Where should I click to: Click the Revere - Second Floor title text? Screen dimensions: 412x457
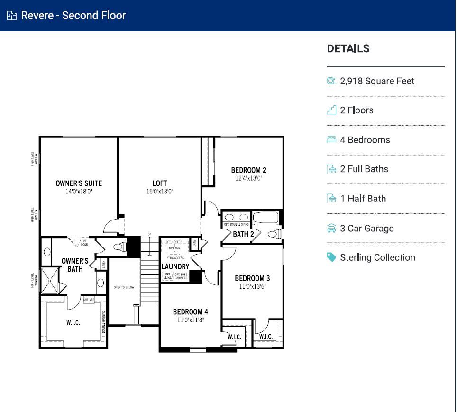pyautogui.click(x=73, y=15)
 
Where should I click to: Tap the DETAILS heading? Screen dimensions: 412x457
pyautogui.click(x=348, y=48)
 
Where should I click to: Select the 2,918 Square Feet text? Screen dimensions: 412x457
pyautogui.click(x=377, y=81)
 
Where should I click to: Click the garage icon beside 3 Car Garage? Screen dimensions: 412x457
pyautogui.click(x=331, y=228)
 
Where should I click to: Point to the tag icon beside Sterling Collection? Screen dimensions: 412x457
pyautogui.click(x=331, y=257)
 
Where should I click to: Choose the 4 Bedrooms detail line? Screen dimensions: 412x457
pyautogui.click(x=365, y=140)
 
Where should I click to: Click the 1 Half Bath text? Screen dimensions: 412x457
pyautogui.click(x=363, y=199)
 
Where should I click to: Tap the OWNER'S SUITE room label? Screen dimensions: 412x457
pyautogui.click(x=79, y=183)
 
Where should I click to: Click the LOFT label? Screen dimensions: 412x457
pyautogui.click(x=160, y=183)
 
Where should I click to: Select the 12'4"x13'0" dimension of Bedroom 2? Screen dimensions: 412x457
pyautogui.click(x=248, y=179)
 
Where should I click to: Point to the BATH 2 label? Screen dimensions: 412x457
pyautogui.click(x=243, y=234)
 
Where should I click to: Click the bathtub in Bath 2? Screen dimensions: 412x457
pyautogui.click(x=267, y=219)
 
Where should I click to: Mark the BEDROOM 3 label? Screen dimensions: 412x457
pyautogui.click(x=252, y=278)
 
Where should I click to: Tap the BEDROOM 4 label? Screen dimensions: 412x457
pyautogui.click(x=190, y=311)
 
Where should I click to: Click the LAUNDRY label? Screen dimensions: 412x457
pyautogui.click(x=175, y=267)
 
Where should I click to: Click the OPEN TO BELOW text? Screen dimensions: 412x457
pyautogui.click(x=124, y=287)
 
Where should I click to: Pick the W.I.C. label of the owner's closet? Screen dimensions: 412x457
pyautogui.click(x=73, y=323)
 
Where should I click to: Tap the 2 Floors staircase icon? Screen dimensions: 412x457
pyautogui.click(x=331, y=110)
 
